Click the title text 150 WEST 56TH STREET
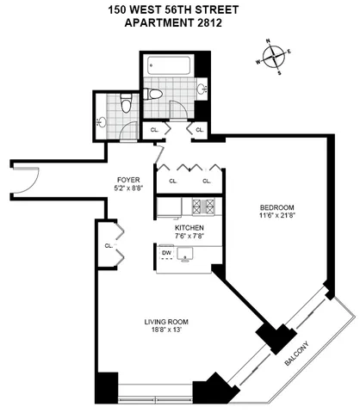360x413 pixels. (x=180, y=9)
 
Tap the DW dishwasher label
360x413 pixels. (x=167, y=252)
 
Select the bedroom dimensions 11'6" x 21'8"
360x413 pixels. (x=278, y=218)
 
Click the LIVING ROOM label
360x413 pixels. (x=166, y=323)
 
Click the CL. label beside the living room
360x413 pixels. (x=109, y=245)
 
